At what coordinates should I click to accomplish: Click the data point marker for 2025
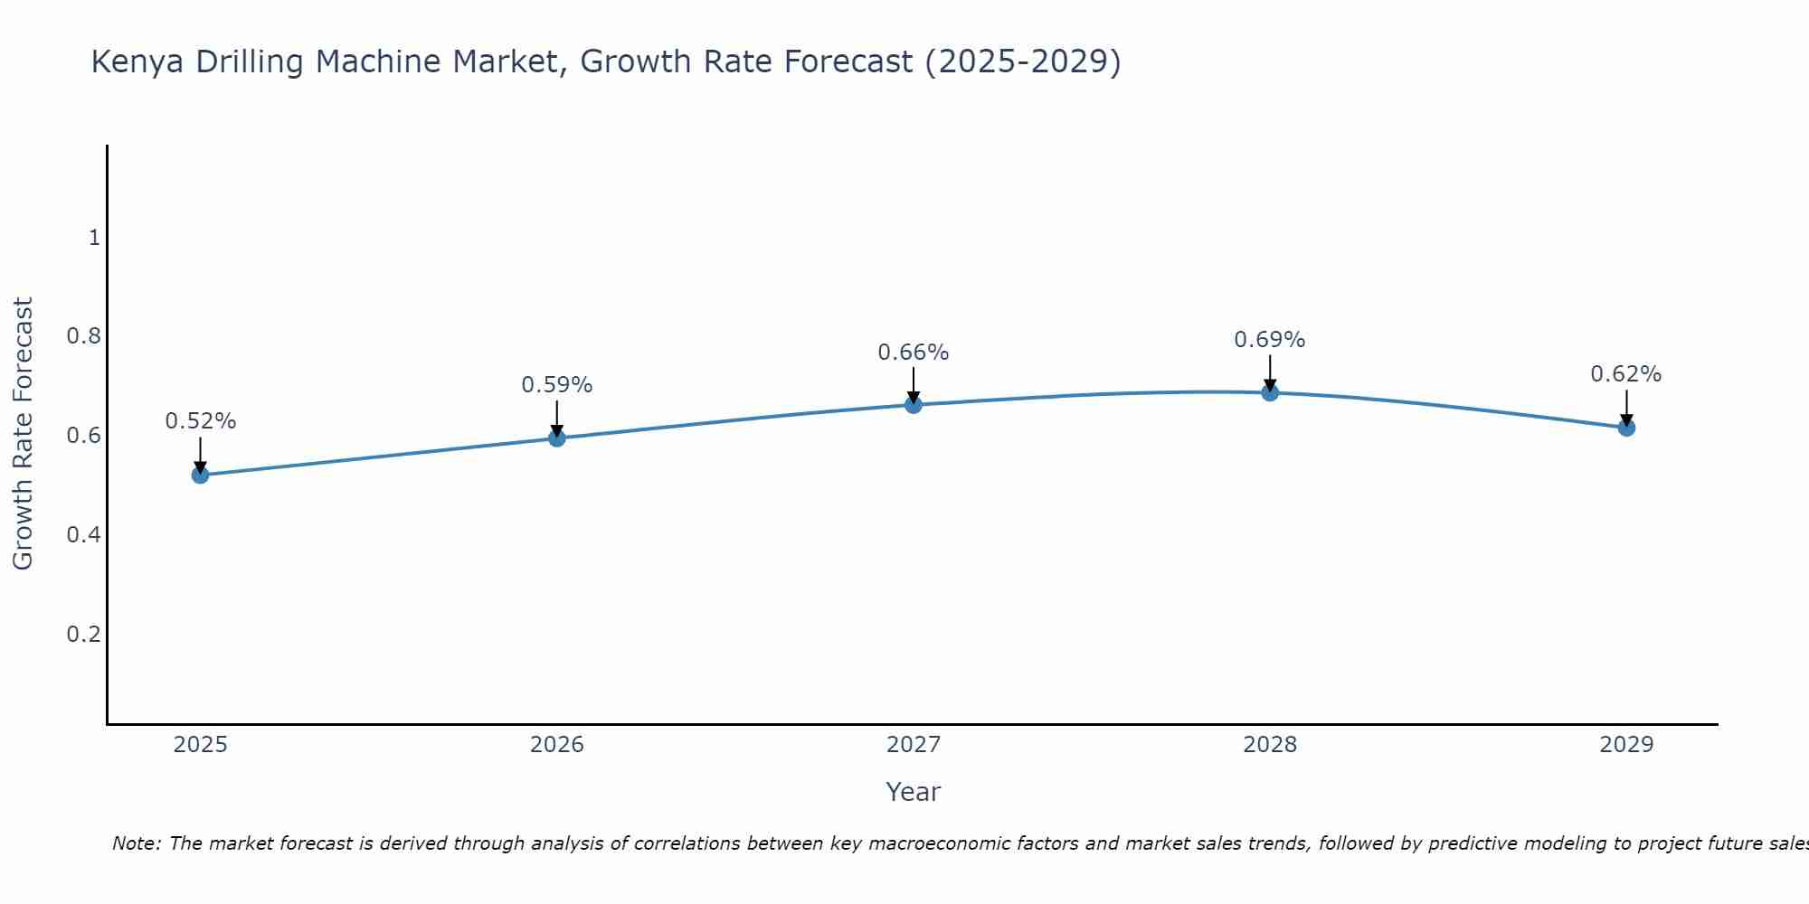(x=200, y=475)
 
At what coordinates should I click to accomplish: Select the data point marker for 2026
(x=557, y=438)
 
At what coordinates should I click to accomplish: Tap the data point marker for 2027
(x=914, y=404)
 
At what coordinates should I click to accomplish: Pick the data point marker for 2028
(x=1270, y=392)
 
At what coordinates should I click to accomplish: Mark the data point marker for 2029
(x=1626, y=428)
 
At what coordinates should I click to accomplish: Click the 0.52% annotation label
(x=200, y=421)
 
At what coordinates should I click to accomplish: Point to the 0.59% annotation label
(x=557, y=385)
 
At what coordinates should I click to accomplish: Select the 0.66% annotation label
(x=914, y=353)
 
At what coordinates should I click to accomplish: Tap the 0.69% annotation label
(x=1270, y=340)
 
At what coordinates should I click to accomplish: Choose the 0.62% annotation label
(x=1626, y=374)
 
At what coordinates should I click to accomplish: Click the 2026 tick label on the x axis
(x=557, y=745)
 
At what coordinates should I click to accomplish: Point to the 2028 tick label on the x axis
(x=1270, y=745)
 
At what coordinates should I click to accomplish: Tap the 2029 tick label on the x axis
(x=1626, y=745)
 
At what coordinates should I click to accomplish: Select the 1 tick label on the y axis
(x=94, y=238)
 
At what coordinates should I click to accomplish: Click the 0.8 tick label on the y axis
(x=83, y=336)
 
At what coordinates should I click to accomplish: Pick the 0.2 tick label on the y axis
(x=83, y=634)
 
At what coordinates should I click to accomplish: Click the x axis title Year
(x=914, y=792)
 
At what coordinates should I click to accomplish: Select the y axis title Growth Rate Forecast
(x=23, y=434)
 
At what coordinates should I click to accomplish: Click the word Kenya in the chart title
(x=137, y=62)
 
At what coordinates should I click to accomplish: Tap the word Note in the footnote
(x=135, y=843)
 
